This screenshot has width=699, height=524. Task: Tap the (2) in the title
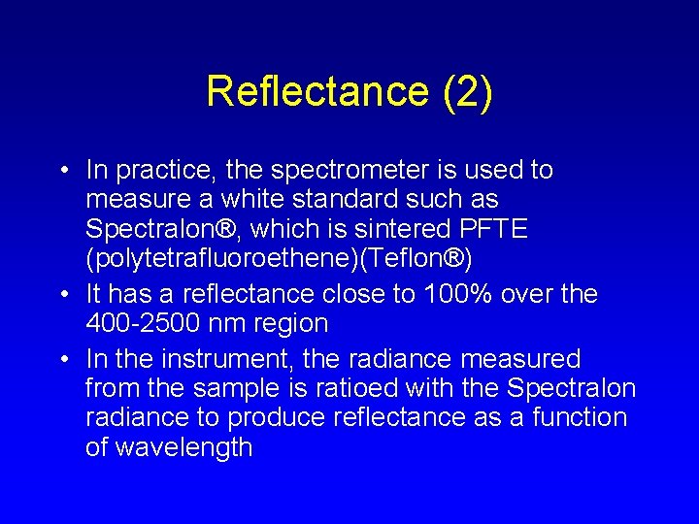467,92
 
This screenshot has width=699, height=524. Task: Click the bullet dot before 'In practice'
63,172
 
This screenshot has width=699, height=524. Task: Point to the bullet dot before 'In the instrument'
63,360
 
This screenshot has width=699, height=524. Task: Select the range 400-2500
148,323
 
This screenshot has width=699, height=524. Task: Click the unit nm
232,323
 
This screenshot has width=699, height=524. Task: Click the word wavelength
183,447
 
